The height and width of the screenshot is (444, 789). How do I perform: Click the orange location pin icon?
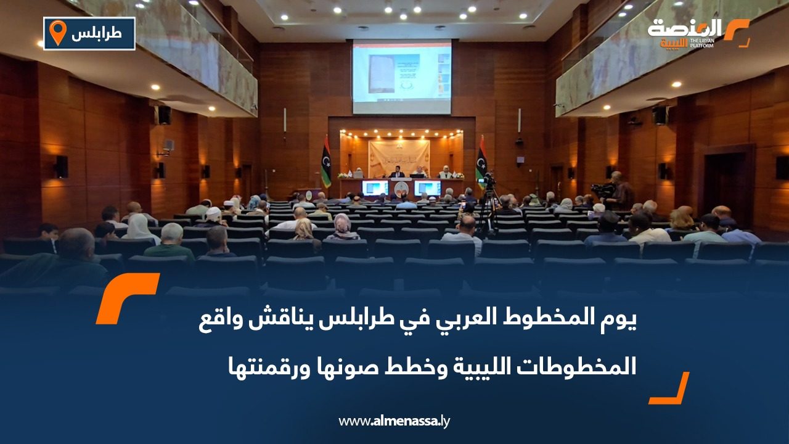[57, 32]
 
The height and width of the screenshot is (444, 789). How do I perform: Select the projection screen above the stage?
[401, 76]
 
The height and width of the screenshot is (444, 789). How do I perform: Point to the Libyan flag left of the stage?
[326, 163]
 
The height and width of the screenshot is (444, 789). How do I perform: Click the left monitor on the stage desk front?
[375, 187]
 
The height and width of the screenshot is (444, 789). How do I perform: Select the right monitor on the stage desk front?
[427, 187]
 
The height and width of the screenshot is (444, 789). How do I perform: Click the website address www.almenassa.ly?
[394, 421]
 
